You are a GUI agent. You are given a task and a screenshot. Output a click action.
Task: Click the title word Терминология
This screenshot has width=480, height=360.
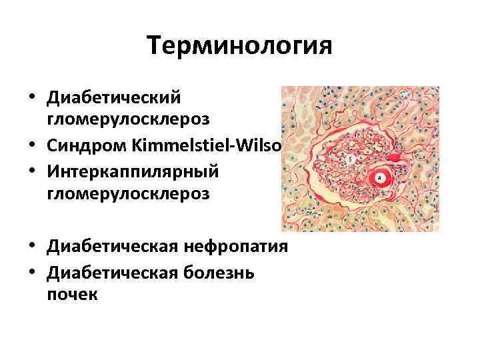[x=239, y=46]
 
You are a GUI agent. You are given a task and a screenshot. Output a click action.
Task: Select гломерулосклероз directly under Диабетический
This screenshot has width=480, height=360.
[x=128, y=119]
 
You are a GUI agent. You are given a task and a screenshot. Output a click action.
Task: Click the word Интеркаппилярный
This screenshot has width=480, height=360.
[x=133, y=171]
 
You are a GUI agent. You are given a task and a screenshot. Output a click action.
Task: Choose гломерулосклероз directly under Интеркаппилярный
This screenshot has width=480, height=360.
[x=128, y=193]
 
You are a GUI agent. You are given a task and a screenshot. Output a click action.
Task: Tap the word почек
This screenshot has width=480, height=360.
[x=72, y=294]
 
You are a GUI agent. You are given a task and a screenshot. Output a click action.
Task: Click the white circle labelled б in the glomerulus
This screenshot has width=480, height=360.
[x=350, y=159]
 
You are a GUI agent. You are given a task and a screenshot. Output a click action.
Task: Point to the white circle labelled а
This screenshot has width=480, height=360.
[x=380, y=178]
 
